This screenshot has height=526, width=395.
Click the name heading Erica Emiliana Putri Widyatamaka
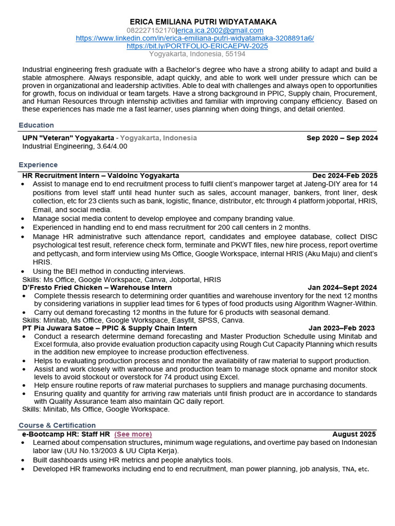pyautogui.click(x=203, y=22)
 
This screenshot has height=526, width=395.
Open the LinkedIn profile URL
pyautogui.click(x=195, y=38)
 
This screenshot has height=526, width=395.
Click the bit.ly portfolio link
pyautogui.click(x=197, y=46)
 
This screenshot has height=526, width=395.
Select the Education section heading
pyautogui.click(x=36, y=125)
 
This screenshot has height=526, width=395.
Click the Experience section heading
pyautogui.click(x=38, y=165)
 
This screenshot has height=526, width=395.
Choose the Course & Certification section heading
pyautogui.click(x=57, y=425)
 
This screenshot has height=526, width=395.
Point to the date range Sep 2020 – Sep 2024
pyautogui.click(x=342, y=138)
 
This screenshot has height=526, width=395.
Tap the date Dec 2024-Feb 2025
pyautogui.click(x=345, y=176)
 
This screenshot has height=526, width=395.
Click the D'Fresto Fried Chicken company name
pyautogui.click(x=62, y=288)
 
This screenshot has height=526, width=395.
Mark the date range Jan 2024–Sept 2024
pyautogui.click(x=342, y=288)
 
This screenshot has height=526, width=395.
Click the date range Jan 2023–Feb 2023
pyautogui.click(x=342, y=328)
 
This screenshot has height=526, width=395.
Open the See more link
pyautogui.click(x=133, y=434)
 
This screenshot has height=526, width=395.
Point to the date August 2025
pyautogui.click(x=354, y=434)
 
